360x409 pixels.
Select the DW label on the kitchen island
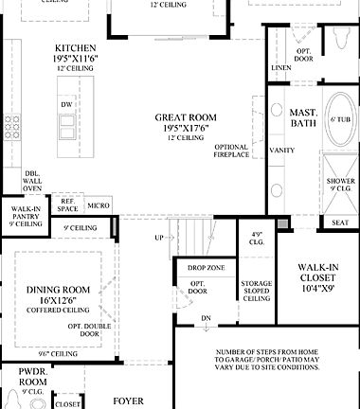click(65, 105)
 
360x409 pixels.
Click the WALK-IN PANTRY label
click(26, 215)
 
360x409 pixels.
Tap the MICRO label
click(99, 204)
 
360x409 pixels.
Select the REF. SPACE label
click(69, 204)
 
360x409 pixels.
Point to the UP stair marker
click(158, 237)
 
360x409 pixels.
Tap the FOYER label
click(129, 401)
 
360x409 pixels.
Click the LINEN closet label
click(281, 69)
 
